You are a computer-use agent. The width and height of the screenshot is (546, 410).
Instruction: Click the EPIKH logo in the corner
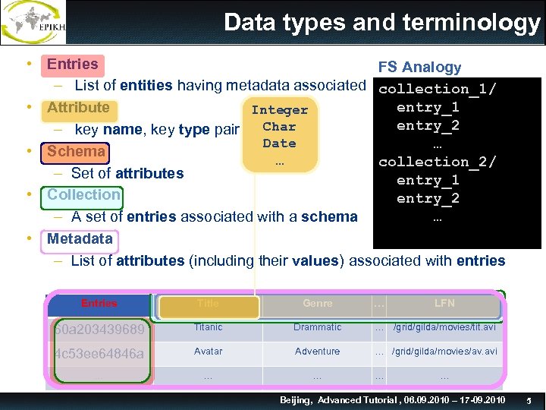pos(33,23)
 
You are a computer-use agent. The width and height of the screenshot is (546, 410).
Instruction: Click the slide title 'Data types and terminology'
pos(381,23)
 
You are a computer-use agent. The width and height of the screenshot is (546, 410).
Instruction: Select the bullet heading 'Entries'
pos(73,65)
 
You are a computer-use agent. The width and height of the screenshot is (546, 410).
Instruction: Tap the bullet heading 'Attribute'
pos(78,108)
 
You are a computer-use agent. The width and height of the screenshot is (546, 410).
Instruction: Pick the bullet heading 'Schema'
pos(76,151)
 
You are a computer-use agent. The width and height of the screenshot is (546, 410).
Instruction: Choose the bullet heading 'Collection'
pos(83,194)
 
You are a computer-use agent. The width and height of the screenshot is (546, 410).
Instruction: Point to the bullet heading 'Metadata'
pos(80,238)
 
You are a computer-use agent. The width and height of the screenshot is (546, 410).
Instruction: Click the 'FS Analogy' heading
pos(419,68)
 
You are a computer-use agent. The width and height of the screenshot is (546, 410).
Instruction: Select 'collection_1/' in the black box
pos(438,90)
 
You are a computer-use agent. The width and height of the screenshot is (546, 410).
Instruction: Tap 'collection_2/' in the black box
pos(438,162)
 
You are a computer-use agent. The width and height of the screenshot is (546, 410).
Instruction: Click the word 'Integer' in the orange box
pos(279,110)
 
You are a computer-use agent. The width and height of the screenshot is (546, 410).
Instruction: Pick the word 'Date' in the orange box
pos(279,143)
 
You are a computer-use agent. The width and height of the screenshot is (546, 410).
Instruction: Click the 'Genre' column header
pos(317,304)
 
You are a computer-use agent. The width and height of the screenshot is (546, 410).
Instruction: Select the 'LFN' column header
pos(444,304)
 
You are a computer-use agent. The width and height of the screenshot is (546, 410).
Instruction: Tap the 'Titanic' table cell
pos(208,327)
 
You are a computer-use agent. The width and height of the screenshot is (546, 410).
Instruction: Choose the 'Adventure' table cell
pos(317,352)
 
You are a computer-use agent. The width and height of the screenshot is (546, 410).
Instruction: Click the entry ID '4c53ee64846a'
pos(99,354)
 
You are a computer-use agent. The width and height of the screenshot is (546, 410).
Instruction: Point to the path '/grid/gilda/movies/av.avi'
pos(444,352)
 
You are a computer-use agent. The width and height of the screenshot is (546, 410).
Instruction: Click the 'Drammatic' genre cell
pos(317,327)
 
